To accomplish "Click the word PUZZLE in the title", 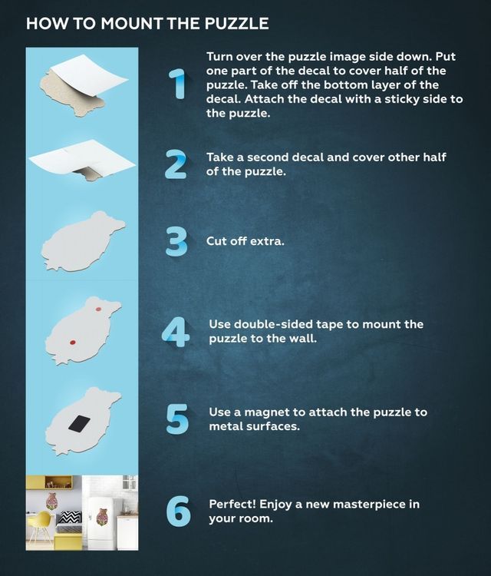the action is click(x=236, y=24).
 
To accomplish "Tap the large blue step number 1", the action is click(x=178, y=84).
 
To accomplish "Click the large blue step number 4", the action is click(x=176, y=333).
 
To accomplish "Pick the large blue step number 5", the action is click(x=177, y=419).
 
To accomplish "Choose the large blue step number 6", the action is click(x=178, y=511).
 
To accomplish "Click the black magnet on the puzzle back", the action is click(x=79, y=423).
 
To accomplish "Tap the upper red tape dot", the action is click(x=98, y=310).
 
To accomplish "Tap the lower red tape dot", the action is click(x=73, y=343).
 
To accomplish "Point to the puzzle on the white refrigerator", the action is click(x=101, y=517).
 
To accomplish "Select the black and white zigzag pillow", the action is click(x=70, y=518).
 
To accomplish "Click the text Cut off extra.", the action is click(x=245, y=241).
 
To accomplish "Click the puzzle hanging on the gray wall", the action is click(x=51, y=501).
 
